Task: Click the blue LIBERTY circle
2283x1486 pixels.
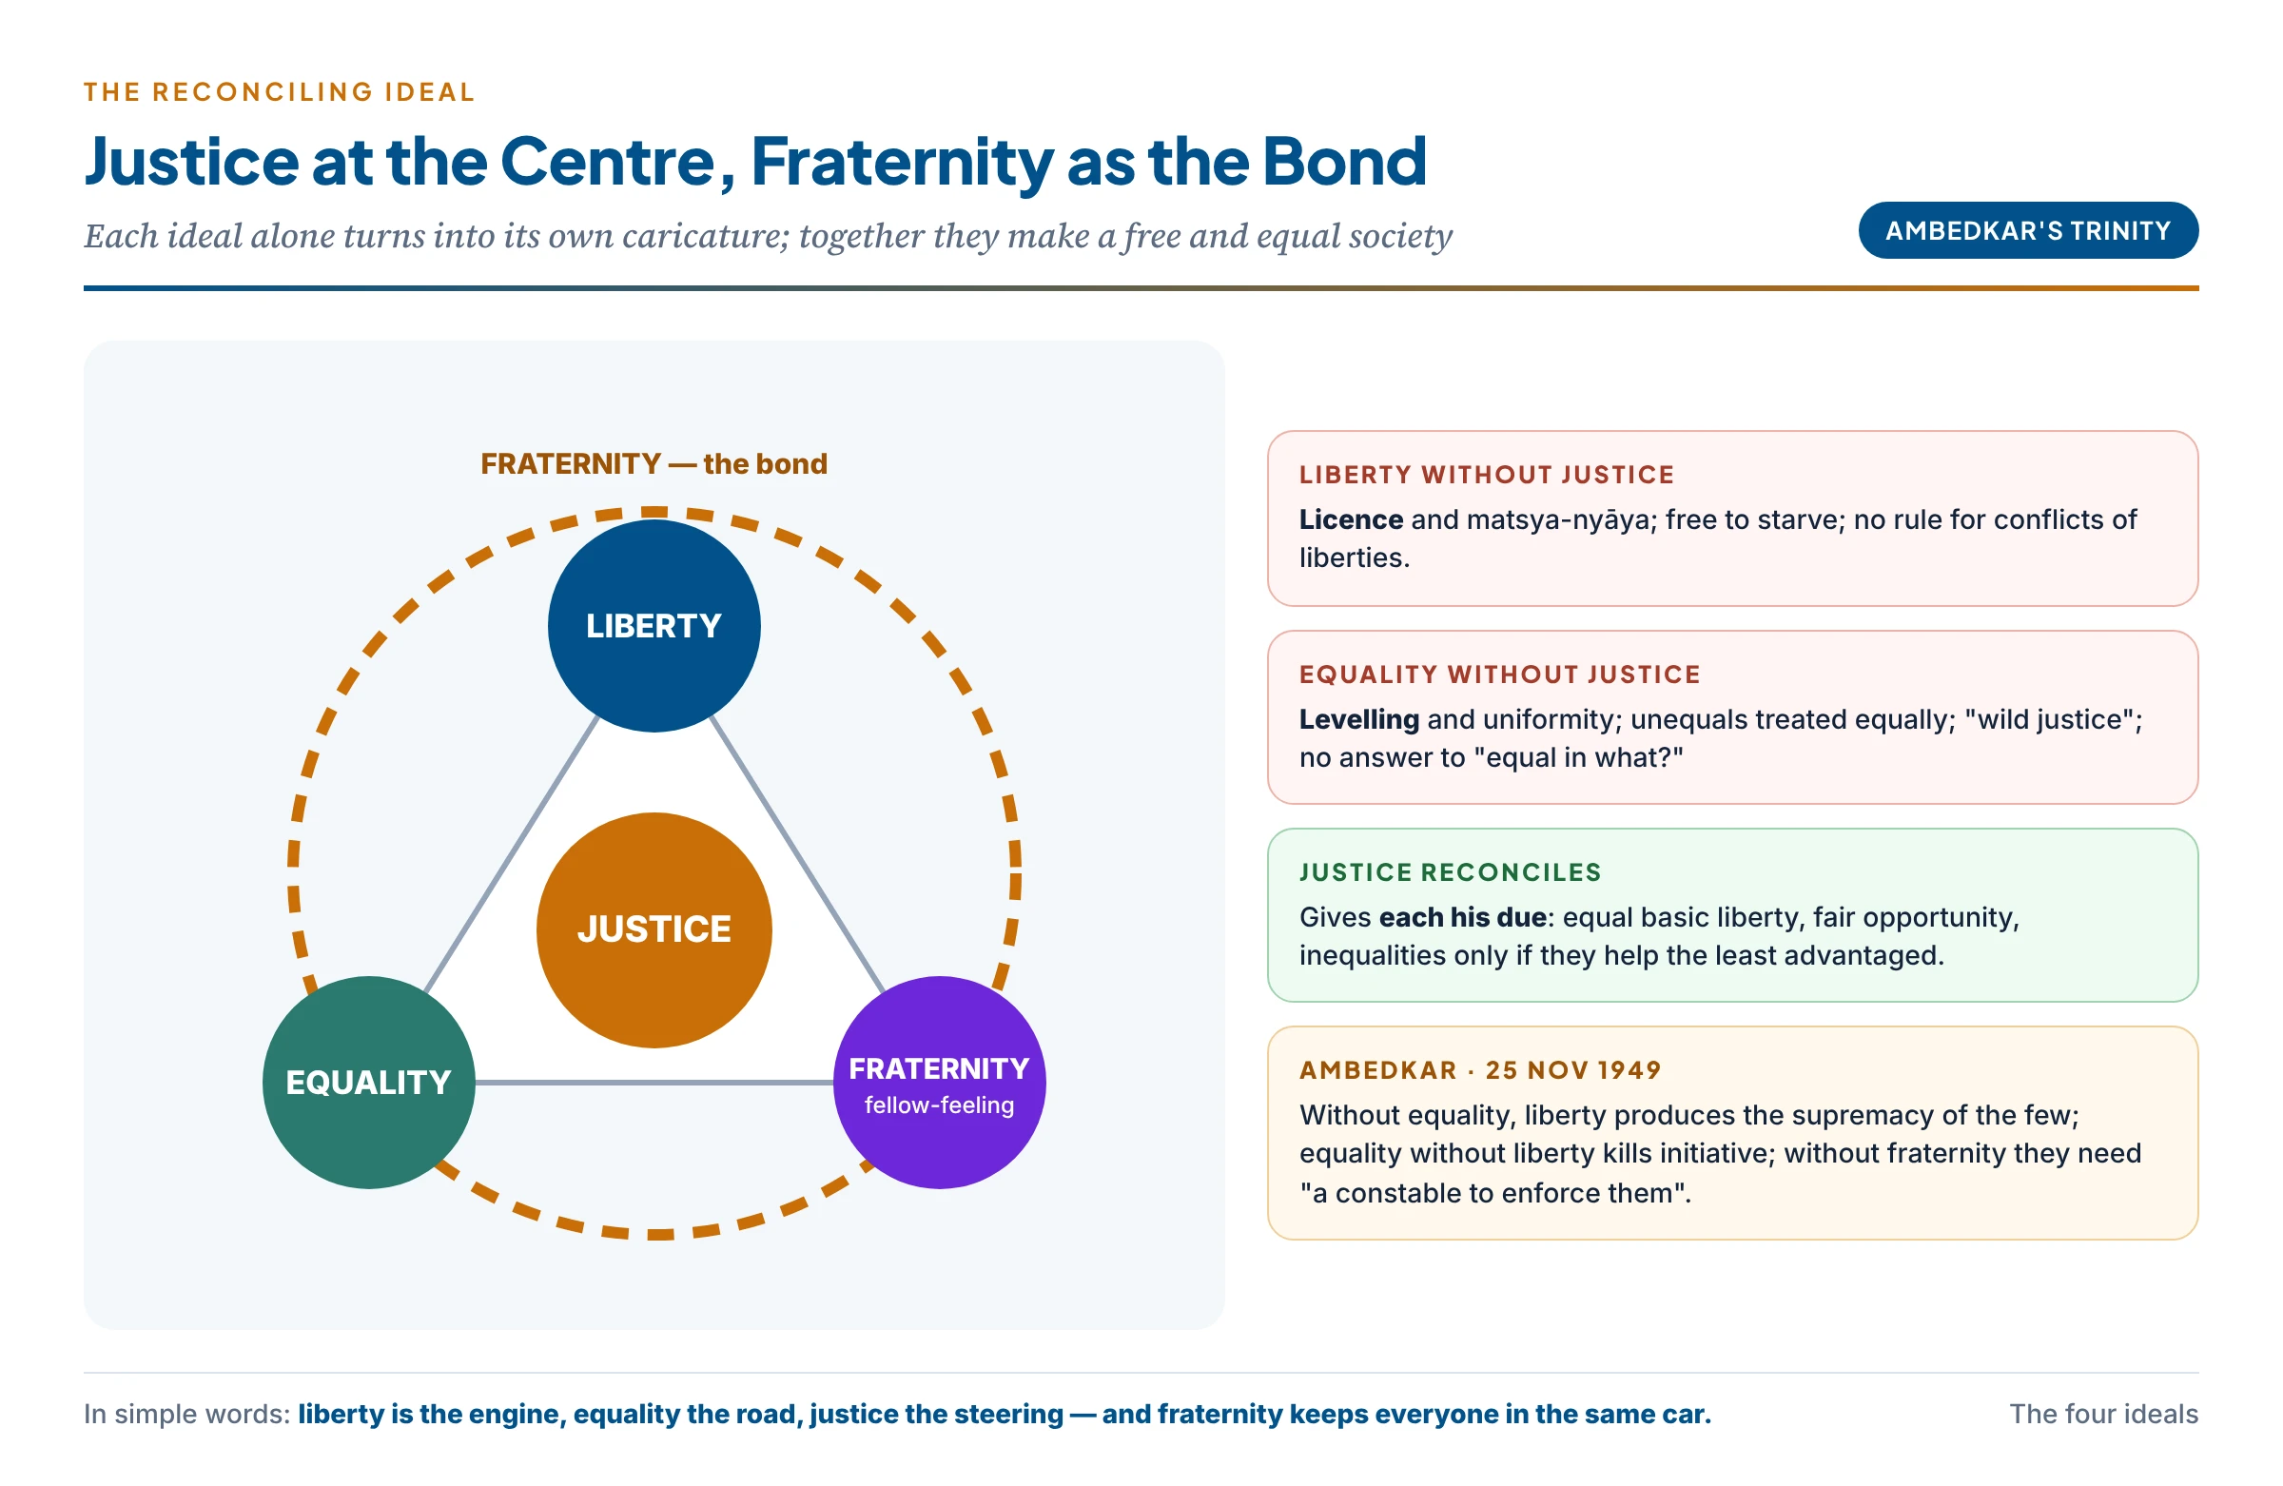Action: [x=654, y=625]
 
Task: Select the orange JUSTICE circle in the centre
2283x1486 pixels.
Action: [x=654, y=929]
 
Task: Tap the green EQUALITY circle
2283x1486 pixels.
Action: [x=368, y=1082]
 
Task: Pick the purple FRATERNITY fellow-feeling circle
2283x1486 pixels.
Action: [x=939, y=1082]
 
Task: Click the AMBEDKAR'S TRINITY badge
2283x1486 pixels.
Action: [x=2028, y=230]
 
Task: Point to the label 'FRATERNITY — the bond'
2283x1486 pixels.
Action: [x=654, y=464]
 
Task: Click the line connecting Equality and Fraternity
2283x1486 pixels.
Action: [x=654, y=1082]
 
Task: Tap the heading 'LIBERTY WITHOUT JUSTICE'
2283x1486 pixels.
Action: [x=1486, y=475]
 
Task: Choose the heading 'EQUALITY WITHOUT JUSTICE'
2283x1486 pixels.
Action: [x=1499, y=675]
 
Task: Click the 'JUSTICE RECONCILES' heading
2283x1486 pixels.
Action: [x=1451, y=872]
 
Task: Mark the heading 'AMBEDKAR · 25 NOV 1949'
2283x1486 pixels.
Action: [x=1480, y=1069]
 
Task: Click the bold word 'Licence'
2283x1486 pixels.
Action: [x=1351, y=519]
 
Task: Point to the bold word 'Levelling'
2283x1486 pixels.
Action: [x=1358, y=718]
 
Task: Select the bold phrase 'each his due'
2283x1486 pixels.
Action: [x=1463, y=917]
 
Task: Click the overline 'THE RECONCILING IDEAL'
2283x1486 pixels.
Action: [x=279, y=92]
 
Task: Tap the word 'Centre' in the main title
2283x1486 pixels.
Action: [x=608, y=161]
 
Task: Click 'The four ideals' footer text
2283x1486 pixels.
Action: [x=2103, y=1413]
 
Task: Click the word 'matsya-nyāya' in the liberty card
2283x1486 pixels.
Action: [x=1561, y=520]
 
